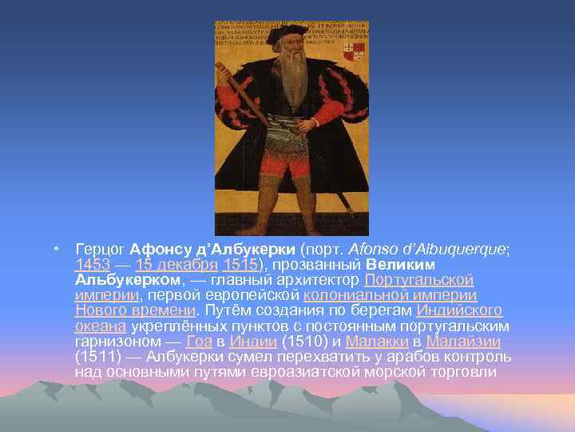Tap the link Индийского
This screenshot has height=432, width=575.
tap(459, 310)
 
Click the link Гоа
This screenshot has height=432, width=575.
tap(199, 341)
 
